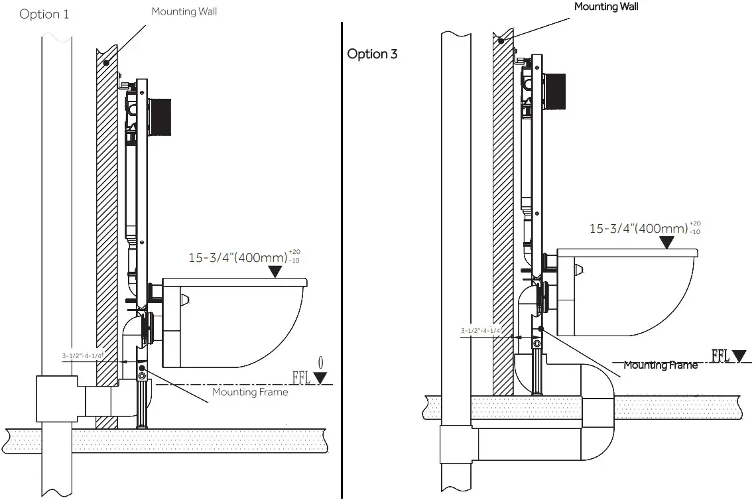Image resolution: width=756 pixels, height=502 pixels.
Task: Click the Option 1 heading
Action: click(x=44, y=14)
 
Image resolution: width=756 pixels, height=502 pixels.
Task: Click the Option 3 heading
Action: click(x=372, y=54)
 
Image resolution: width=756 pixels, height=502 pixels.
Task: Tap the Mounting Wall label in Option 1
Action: click(x=184, y=11)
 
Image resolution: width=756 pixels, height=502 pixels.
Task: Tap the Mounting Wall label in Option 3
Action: click(x=606, y=7)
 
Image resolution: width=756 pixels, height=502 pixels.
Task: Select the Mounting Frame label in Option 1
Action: click(x=250, y=392)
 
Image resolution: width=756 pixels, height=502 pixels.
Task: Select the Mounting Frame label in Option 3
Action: click(x=661, y=365)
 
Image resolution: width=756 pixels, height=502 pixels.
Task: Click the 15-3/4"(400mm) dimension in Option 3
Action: click(x=639, y=229)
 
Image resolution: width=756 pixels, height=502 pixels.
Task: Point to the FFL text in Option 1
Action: click(x=302, y=378)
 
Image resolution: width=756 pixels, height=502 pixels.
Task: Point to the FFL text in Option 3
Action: click(x=721, y=356)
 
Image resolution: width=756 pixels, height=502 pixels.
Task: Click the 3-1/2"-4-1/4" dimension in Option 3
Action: click(x=480, y=330)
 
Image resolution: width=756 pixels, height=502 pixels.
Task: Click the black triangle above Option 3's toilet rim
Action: click(x=667, y=242)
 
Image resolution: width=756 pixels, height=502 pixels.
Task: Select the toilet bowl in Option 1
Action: click(x=239, y=325)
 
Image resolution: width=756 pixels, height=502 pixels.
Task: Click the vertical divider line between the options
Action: click(x=342, y=265)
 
